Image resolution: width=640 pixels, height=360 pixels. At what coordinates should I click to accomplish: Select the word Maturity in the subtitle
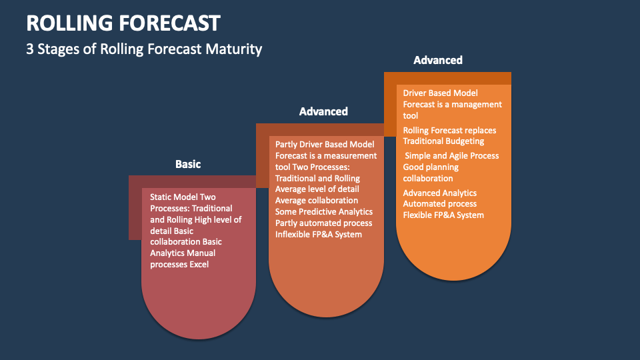click(x=233, y=49)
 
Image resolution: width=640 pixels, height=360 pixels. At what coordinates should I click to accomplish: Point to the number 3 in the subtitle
click(x=30, y=49)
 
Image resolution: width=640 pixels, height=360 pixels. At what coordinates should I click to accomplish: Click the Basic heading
click(x=188, y=164)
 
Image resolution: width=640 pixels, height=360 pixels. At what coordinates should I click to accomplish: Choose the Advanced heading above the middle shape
click(x=323, y=111)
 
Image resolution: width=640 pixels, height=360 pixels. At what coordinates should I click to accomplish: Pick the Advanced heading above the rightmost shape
click(x=438, y=60)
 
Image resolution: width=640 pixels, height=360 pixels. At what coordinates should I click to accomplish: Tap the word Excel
click(x=199, y=265)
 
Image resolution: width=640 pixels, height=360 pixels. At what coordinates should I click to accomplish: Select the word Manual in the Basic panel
click(x=202, y=253)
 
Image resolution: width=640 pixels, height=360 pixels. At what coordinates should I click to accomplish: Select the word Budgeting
click(x=464, y=141)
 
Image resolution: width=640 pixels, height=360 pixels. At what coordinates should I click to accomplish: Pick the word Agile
click(x=459, y=156)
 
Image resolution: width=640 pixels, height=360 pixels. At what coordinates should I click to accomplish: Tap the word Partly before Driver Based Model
click(x=286, y=145)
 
